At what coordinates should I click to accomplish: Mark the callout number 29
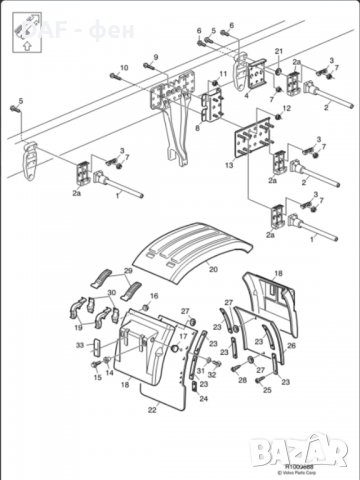[128, 273]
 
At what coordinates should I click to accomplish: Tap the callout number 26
[291, 345]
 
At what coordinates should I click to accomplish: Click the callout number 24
[204, 397]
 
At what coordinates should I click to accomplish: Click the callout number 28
[242, 381]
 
